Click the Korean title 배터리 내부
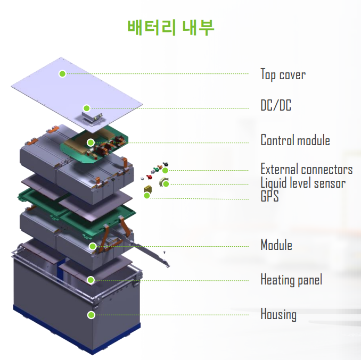pyautogui.click(x=171, y=27)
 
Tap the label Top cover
pyautogui.click(x=283, y=74)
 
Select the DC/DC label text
pyautogui.click(x=276, y=106)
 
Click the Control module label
pyautogui.click(x=295, y=140)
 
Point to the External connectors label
pyautogui.click(x=306, y=170)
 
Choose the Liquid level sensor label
pyautogui.click(x=302, y=183)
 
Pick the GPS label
pyautogui.click(x=269, y=197)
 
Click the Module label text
pyautogui.click(x=276, y=245)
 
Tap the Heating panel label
pyautogui.click(x=291, y=279)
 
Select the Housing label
pyautogui.click(x=278, y=314)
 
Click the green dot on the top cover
pyautogui.click(x=62, y=73)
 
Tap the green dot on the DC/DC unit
pyautogui.click(x=87, y=108)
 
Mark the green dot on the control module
pyautogui.click(x=91, y=143)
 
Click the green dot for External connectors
pyautogui.click(x=166, y=170)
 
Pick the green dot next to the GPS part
pyautogui.click(x=147, y=196)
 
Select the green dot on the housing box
pyautogui.click(x=91, y=315)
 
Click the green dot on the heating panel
pyautogui.click(x=91, y=280)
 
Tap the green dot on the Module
pyautogui.click(x=93, y=246)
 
